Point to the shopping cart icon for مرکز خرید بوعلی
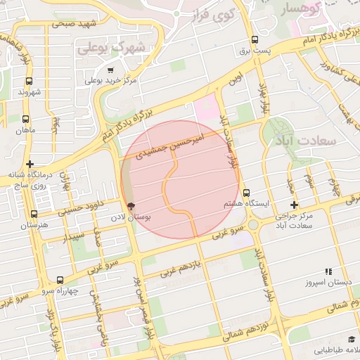[x=110, y=70]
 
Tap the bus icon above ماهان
[x=26, y=120]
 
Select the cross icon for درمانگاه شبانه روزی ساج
[x=30, y=163]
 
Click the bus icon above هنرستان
[x=34, y=214]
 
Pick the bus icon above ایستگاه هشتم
[x=246, y=193]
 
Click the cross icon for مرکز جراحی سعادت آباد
[x=295, y=205]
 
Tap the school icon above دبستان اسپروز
[x=328, y=271]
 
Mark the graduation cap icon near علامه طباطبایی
[x=352, y=339]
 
